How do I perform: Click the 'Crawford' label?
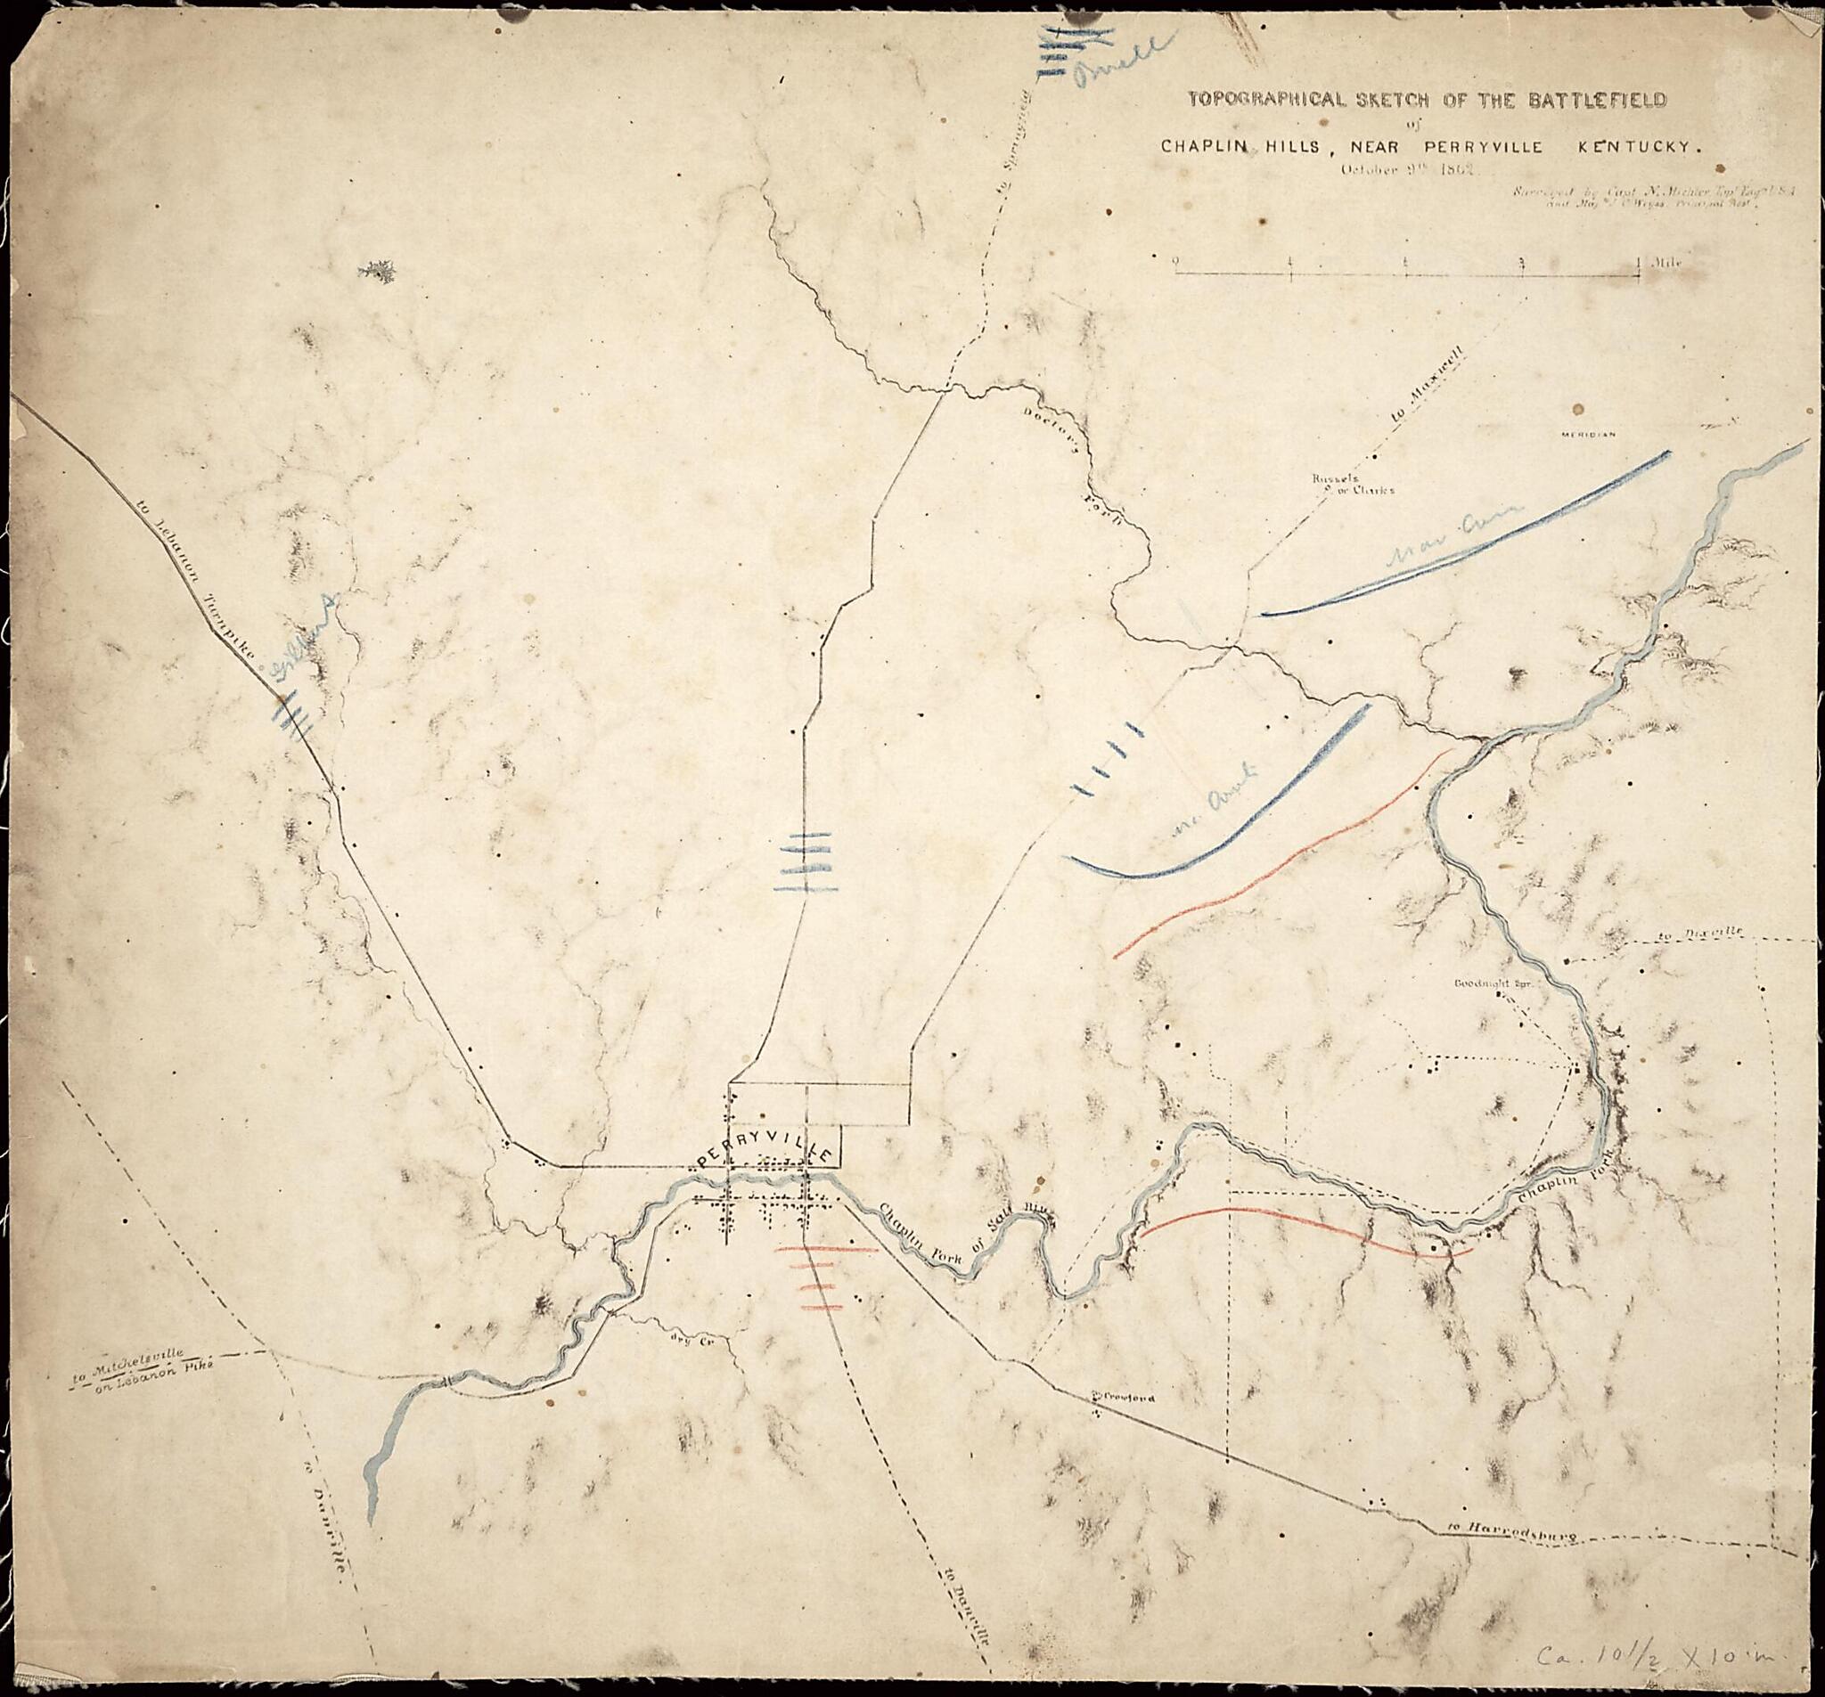1126,1398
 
